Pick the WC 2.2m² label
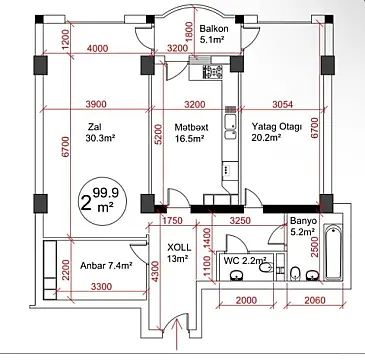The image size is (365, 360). click(x=246, y=260)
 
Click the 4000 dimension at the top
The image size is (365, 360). click(x=98, y=48)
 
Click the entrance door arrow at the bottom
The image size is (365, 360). click(x=178, y=330)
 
